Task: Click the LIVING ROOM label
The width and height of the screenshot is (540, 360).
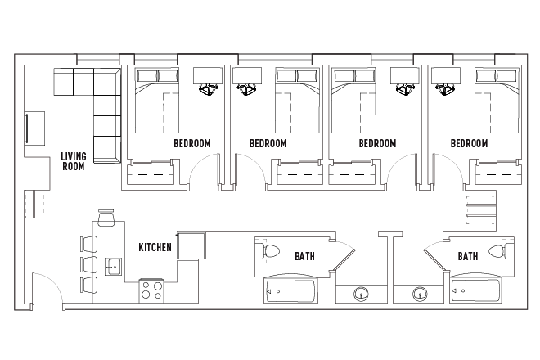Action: (x=74, y=160)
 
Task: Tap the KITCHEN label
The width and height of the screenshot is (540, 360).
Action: (x=155, y=247)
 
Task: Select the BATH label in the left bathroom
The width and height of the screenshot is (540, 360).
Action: (x=304, y=256)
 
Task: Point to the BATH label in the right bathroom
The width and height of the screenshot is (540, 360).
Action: (x=468, y=256)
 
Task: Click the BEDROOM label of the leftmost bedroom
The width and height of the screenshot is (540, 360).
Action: (x=192, y=143)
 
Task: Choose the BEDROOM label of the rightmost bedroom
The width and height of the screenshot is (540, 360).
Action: (x=469, y=143)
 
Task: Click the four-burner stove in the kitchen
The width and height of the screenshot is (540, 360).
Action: (x=151, y=291)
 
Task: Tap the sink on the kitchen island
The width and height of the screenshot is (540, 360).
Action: (x=113, y=265)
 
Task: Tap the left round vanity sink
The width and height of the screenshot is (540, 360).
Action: (x=360, y=294)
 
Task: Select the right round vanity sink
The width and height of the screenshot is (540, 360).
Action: (x=421, y=294)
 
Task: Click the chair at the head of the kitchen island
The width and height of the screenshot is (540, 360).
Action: (x=107, y=218)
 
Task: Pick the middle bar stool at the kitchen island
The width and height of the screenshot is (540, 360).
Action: (x=88, y=264)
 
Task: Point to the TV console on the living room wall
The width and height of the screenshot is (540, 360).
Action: (x=36, y=128)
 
